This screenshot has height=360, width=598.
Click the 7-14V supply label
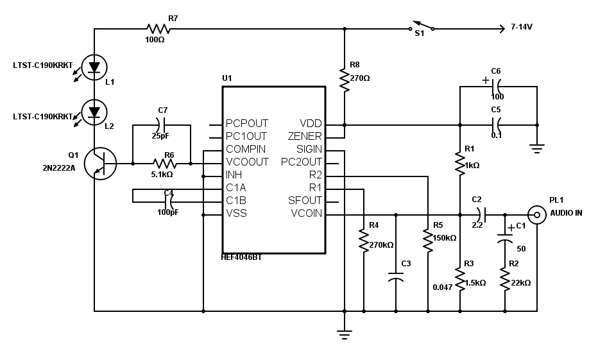click(521, 28)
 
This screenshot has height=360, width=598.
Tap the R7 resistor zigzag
click(158, 28)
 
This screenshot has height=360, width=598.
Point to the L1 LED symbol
click(94, 67)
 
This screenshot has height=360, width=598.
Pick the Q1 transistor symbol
click(99, 164)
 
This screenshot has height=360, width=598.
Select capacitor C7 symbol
click(162, 125)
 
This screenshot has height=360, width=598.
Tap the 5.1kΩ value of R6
click(162, 174)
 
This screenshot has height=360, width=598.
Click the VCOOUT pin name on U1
click(247, 162)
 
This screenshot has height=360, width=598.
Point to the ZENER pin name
click(305, 137)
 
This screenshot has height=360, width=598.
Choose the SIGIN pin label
click(309, 150)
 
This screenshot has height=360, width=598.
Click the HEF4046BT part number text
click(242, 257)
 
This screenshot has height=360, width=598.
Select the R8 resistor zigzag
click(345, 80)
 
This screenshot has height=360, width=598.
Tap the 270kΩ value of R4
click(381, 245)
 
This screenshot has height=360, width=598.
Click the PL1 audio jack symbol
click(537, 214)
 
